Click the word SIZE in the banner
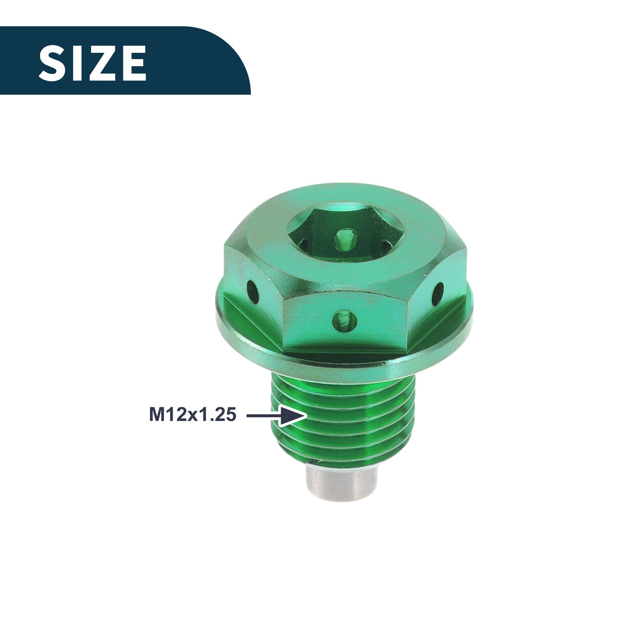click(x=93, y=63)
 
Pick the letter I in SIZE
click(x=77, y=63)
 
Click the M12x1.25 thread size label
click(x=192, y=414)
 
